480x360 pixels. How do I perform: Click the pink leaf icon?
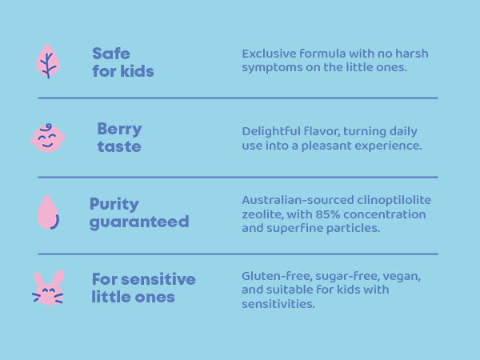(x=48, y=61)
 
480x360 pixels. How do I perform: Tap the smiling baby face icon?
(x=47, y=138)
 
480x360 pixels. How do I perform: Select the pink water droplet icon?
(x=48, y=212)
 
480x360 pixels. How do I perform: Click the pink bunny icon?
(x=48, y=288)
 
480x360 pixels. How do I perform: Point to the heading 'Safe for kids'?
(x=122, y=62)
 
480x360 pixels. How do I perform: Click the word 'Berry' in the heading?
(x=119, y=130)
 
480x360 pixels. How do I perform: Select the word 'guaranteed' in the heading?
(x=139, y=222)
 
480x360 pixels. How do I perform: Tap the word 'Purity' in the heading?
(x=114, y=205)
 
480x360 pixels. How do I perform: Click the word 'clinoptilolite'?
(x=394, y=200)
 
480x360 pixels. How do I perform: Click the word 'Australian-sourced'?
(x=298, y=200)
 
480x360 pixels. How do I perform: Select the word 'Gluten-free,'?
(x=277, y=276)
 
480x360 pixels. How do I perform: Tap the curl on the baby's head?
(x=47, y=126)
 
